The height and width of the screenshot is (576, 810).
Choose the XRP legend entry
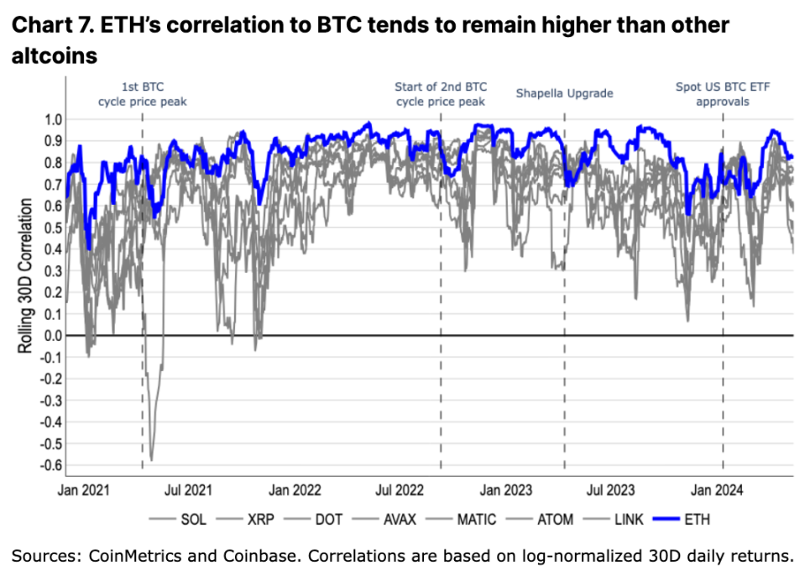[250, 519]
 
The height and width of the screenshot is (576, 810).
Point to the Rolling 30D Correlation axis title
[26, 275]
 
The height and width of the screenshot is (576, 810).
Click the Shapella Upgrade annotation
[564, 92]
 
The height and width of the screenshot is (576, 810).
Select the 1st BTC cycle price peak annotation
[142, 93]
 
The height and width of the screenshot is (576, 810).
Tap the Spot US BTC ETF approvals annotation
[723, 93]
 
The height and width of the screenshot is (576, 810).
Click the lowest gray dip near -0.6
[151, 459]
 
